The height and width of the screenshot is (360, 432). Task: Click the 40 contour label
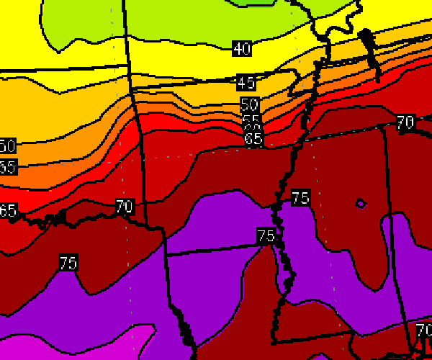click(x=242, y=49)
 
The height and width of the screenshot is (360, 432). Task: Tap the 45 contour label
click(x=246, y=83)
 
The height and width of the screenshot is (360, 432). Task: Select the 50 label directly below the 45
click(x=249, y=105)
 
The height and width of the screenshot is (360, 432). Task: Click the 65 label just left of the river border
click(x=253, y=139)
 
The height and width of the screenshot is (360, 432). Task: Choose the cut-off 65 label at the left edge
click(x=7, y=212)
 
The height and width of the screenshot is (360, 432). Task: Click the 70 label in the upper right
click(x=405, y=122)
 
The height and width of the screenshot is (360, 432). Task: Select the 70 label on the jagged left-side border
click(x=124, y=207)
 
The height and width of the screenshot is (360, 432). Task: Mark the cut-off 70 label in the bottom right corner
click(x=423, y=331)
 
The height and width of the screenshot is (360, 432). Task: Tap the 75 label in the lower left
click(x=68, y=264)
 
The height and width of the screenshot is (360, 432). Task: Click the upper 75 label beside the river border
click(x=301, y=197)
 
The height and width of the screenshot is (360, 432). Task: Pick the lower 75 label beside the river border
click(x=266, y=235)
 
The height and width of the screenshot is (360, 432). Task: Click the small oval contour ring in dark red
click(x=361, y=204)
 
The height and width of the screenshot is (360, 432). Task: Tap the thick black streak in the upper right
click(x=371, y=47)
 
